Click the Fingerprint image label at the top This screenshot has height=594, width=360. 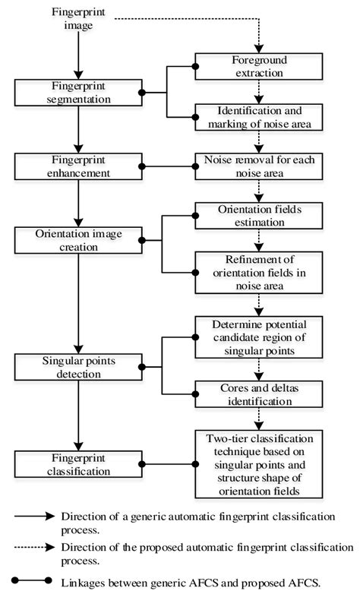(x=77, y=18)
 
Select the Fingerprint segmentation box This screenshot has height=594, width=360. (x=77, y=93)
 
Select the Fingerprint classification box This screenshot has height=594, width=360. (x=77, y=464)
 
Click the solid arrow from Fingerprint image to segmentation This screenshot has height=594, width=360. (x=77, y=53)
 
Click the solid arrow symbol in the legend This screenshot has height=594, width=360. (x=34, y=517)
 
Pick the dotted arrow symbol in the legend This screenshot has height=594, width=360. (x=34, y=547)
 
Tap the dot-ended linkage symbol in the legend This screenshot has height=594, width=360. (x=34, y=581)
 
